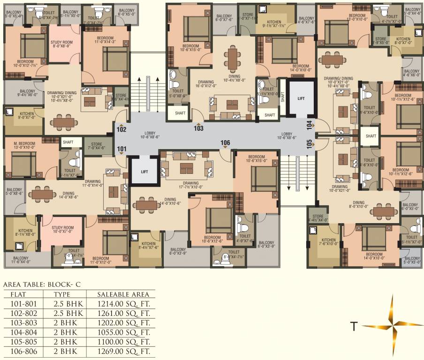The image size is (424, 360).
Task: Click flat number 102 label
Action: tap(121, 129)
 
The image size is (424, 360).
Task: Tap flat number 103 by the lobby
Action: tap(199, 128)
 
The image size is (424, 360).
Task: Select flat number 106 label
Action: tap(226, 142)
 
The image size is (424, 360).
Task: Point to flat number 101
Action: tap(121, 150)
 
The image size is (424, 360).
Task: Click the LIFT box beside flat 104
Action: tap(300, 99)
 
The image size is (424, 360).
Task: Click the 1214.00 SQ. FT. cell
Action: tap(124, 304)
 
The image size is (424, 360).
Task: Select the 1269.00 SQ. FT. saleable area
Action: tap(124, 351)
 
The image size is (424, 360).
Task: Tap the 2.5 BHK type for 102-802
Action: tap(68, 314)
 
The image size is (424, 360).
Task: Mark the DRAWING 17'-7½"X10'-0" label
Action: tap(183, 185)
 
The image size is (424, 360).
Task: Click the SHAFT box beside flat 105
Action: tap(371, 136)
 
